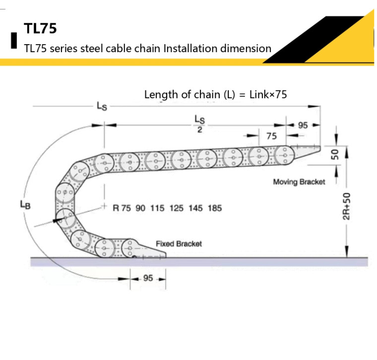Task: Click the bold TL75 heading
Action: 40,28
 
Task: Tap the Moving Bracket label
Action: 299,182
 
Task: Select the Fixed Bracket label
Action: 179,244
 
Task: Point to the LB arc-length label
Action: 25,205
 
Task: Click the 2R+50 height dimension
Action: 346,207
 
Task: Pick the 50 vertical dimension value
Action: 335,154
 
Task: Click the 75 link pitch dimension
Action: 271,136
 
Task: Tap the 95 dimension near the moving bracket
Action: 303,125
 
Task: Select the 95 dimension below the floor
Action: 148,278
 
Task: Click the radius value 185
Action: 215,208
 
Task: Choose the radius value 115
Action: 157,208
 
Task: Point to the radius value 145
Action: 195,208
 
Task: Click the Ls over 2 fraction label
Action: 199,124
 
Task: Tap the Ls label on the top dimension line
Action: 102,106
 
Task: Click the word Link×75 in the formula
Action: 268,94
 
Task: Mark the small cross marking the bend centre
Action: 104,206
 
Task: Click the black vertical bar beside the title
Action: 14,40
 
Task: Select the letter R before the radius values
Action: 116,208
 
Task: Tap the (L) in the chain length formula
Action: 229,94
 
